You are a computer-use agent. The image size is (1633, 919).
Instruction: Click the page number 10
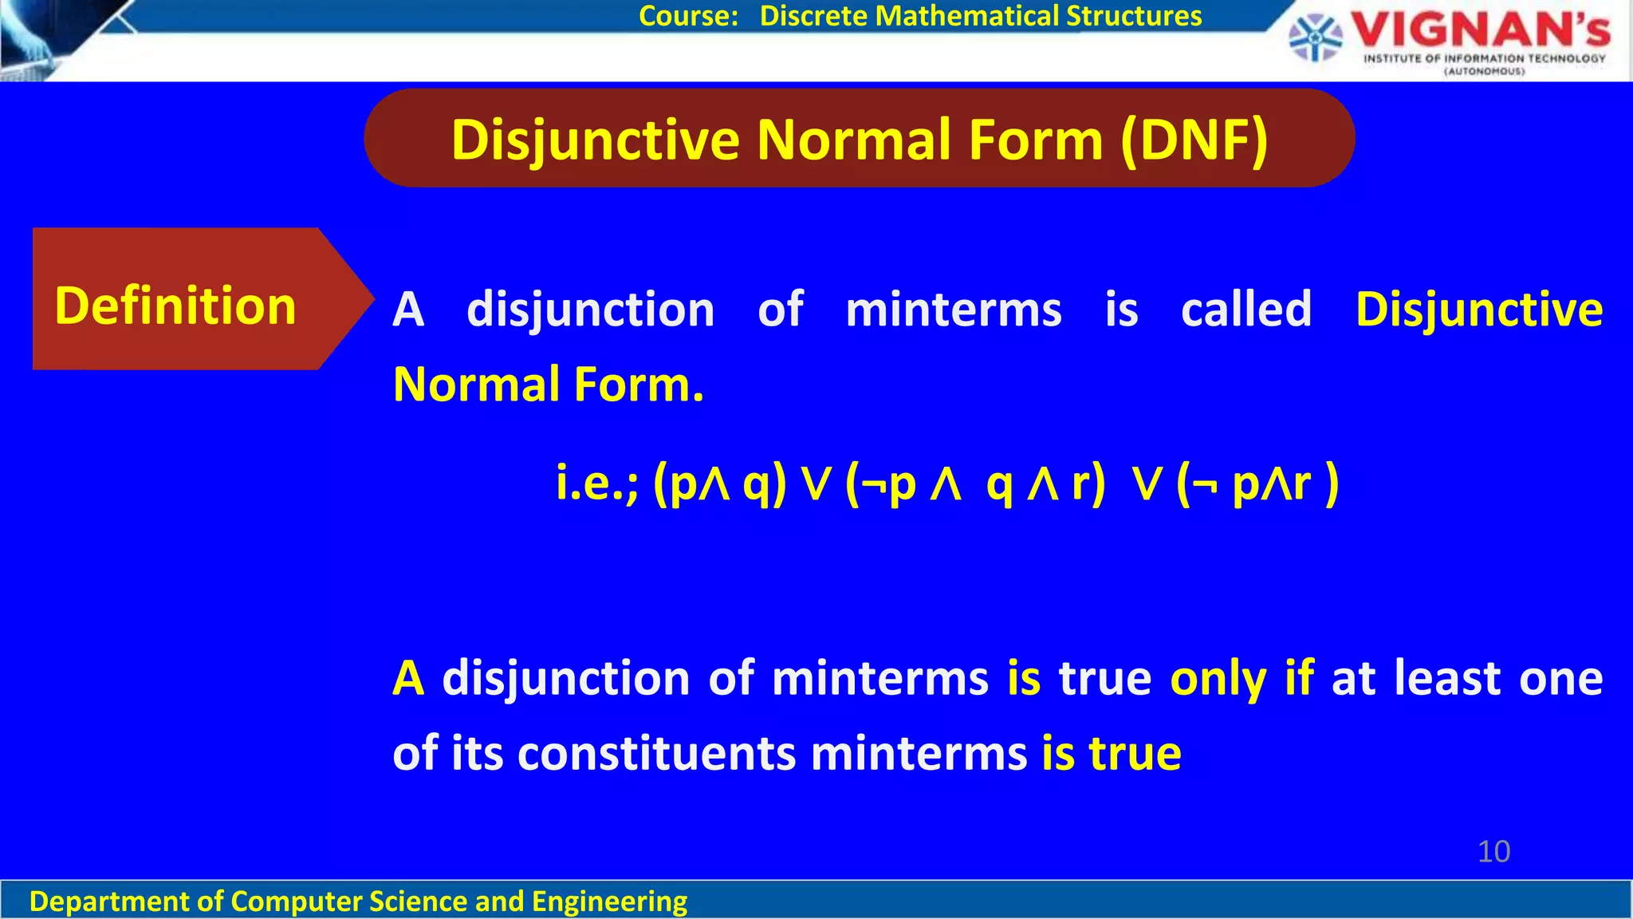(x=1493, y=851)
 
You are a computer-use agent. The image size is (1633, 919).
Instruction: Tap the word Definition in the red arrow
(x=175, y=306)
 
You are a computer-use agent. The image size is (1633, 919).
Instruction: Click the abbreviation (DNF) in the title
(x=1194, y=140)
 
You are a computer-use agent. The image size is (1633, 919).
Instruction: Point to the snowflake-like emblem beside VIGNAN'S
(x=1316, y=37)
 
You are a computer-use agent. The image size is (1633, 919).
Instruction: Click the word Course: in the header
(x=689, y=16)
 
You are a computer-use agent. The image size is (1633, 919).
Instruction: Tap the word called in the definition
(x=1246, y=309)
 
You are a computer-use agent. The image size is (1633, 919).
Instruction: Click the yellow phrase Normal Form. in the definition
(x=549, y=385)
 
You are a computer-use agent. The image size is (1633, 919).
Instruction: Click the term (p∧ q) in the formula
(x=720, y=483)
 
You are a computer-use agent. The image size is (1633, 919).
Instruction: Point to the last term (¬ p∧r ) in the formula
(x=1257, y=483)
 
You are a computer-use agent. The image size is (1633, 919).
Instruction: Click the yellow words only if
(x=1241, y=679)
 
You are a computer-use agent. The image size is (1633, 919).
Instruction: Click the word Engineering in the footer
(x=609, y=901)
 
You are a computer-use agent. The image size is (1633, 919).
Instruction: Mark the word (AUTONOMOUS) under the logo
(x=1485, y=72)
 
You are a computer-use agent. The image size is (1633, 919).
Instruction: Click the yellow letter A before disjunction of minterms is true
(x=408, y=679)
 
